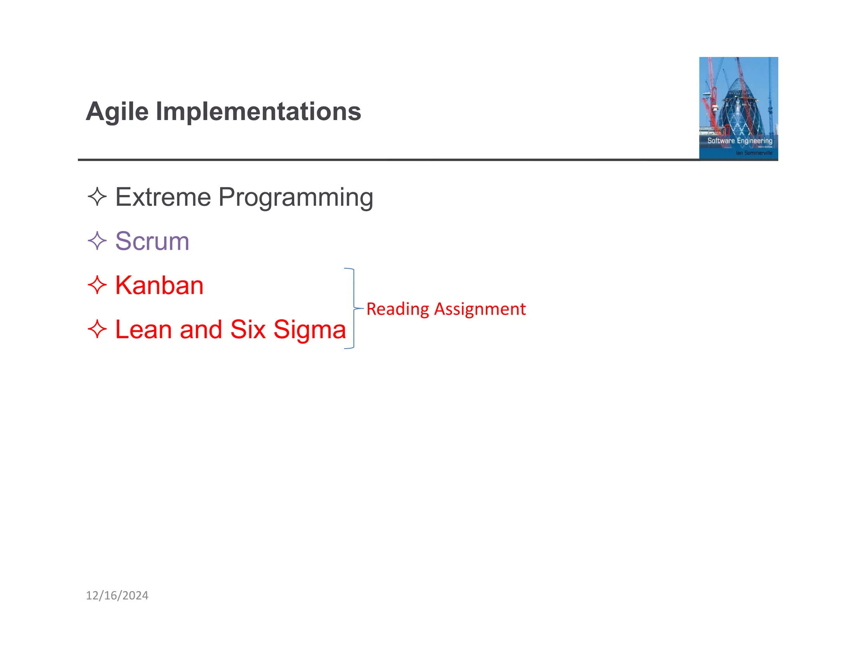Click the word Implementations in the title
click(258, 112)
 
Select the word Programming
click(295, 198)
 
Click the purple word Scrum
click(152, 241)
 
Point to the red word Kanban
click(159, 286)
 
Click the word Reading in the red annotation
click(398, 309)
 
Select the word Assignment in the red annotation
click(480, 309)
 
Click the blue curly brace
click(354, 308)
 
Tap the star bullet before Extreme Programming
click(97, 197)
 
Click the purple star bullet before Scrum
click(97, 241)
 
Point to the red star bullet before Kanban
click(97, 285)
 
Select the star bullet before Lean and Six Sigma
click(97, 329)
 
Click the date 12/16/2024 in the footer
click(117, 595)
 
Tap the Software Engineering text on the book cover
click(739, 141)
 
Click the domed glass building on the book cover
click(739, 105)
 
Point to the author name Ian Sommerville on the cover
click(754, 153)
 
